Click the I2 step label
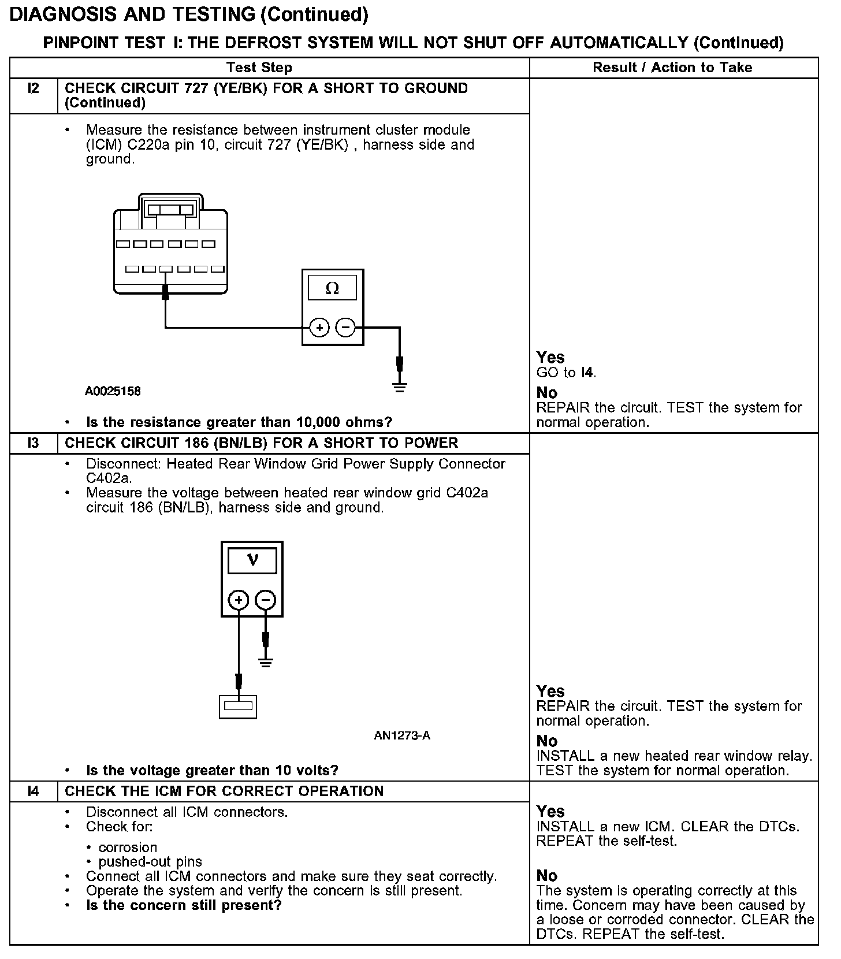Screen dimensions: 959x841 pyautogui.click(x=34, y=89)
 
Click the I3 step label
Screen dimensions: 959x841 pyautogui.click(x=34, y=443)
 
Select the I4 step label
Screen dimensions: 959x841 pyautogui.click(x=34, y=791)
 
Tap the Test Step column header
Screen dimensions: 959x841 pyautogui.click(x=259, y=68)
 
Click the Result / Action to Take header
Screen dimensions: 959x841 pyautogui.click(x=672, y=68)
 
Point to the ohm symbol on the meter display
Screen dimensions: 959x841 pyautogui.click(x=332, y=288)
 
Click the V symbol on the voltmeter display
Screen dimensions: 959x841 pyautogui.click(x=252, y=560)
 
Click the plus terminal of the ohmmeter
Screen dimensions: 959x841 pyautogui.click(x=319, y=328)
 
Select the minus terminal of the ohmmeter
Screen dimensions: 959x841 pyautogui.click(x=345, y=328)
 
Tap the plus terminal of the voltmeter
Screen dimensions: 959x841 pyautogui.click(x=239, y=600)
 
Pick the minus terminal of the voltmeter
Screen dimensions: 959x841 pyautogui.click(x=265, y=600)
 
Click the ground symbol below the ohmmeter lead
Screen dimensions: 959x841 pyautogui.click(x=399, y=386)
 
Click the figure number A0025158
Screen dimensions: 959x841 pyautogui.click(x=113, y=392)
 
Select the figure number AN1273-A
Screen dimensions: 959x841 pyautogui.click(x=402, y=735)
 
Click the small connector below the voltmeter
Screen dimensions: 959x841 pyautogui.click(x=238, y=706)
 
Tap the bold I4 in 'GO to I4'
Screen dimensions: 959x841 pyautogui.click(x=587, y=373)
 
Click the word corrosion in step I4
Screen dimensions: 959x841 pyautogui.click(x=128, y=848)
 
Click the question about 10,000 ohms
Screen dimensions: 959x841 pyautogui.click(x=239, y=422)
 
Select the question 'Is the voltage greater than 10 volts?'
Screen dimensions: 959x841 pyautogui.click(x=212, y=771)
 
